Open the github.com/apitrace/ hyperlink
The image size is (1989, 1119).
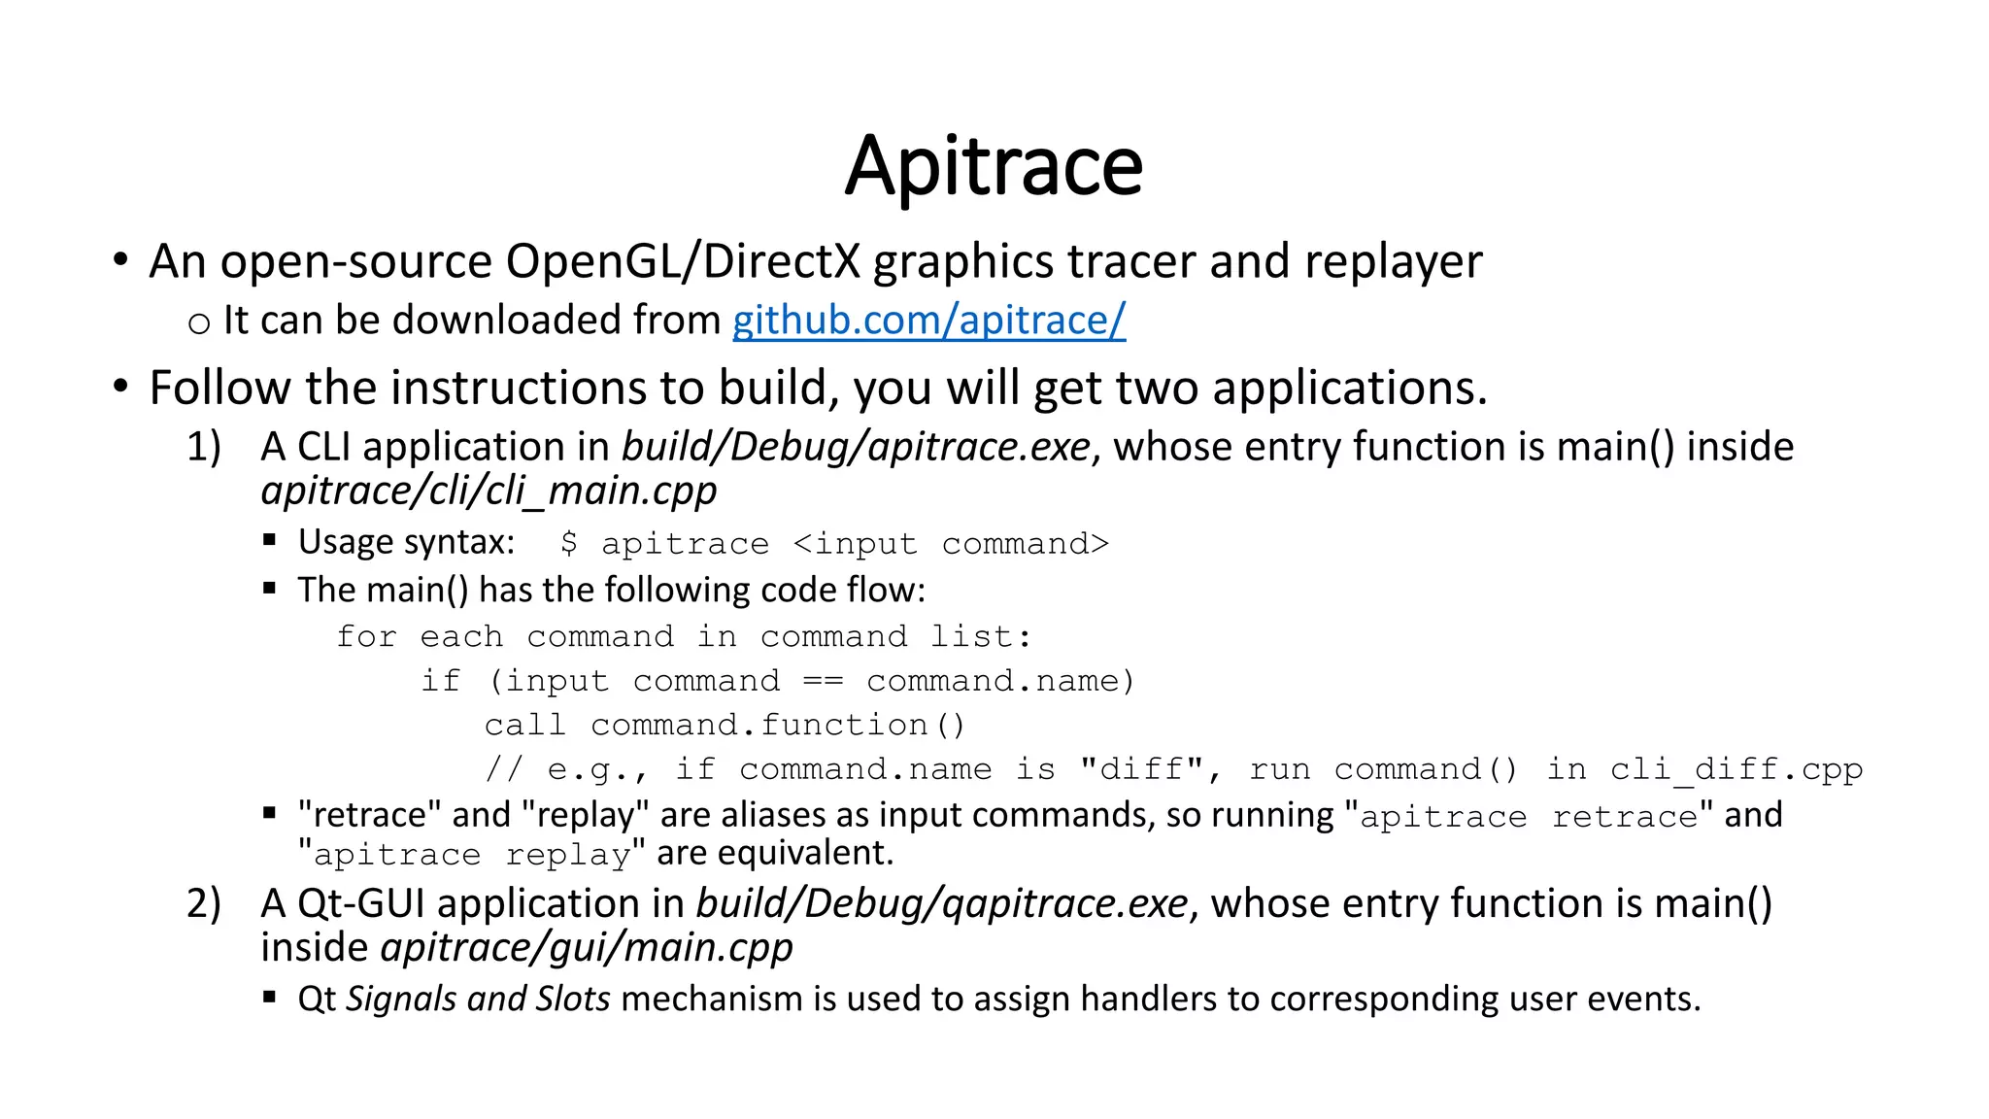928,320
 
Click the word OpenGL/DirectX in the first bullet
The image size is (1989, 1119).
683,261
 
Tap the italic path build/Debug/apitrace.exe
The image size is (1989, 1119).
856,447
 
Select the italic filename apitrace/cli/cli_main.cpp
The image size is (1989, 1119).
489,491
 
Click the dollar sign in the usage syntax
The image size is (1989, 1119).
568,543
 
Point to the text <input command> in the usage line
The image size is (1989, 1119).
951,543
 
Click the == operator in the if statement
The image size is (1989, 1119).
823,681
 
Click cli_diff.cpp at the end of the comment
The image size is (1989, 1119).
1736,769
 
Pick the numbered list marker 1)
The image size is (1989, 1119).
204,447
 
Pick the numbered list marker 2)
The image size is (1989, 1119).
204,903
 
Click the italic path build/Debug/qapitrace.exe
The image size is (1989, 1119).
941,903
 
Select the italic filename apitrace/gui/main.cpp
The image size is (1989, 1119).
587,947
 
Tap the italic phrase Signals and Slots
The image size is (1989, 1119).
478,999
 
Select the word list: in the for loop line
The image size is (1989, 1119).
980,636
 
